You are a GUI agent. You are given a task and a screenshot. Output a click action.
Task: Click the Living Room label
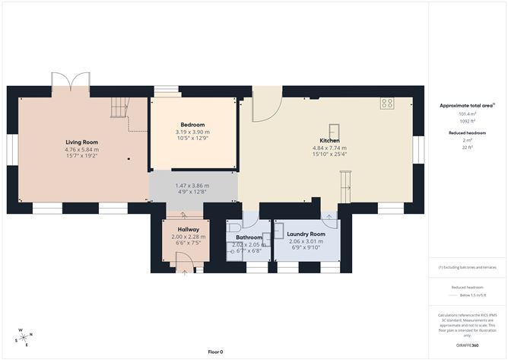(x=81, y=142)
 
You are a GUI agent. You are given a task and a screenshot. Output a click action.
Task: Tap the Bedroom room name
(x=192, y=125)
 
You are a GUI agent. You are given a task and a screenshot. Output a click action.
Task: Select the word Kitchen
(x=329, y=141)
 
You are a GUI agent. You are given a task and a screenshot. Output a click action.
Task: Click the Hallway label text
(x=189, y=229)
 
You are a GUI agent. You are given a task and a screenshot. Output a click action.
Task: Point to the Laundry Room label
(x=306, y=234)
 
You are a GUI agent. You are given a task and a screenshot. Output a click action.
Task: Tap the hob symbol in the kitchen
(x=387, y=104)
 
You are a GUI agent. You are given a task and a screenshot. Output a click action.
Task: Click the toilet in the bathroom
(x=233, y=227)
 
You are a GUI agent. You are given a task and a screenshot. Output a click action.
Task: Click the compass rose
(x=24, y=336)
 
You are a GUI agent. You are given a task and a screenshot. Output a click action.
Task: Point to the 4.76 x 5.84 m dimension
(x=81, y=150)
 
